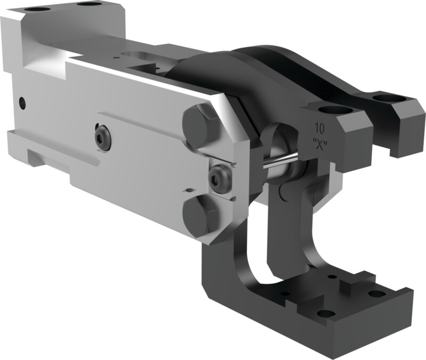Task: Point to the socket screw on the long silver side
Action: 103,138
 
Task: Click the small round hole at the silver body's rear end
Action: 21,101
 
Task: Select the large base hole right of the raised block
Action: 377,293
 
